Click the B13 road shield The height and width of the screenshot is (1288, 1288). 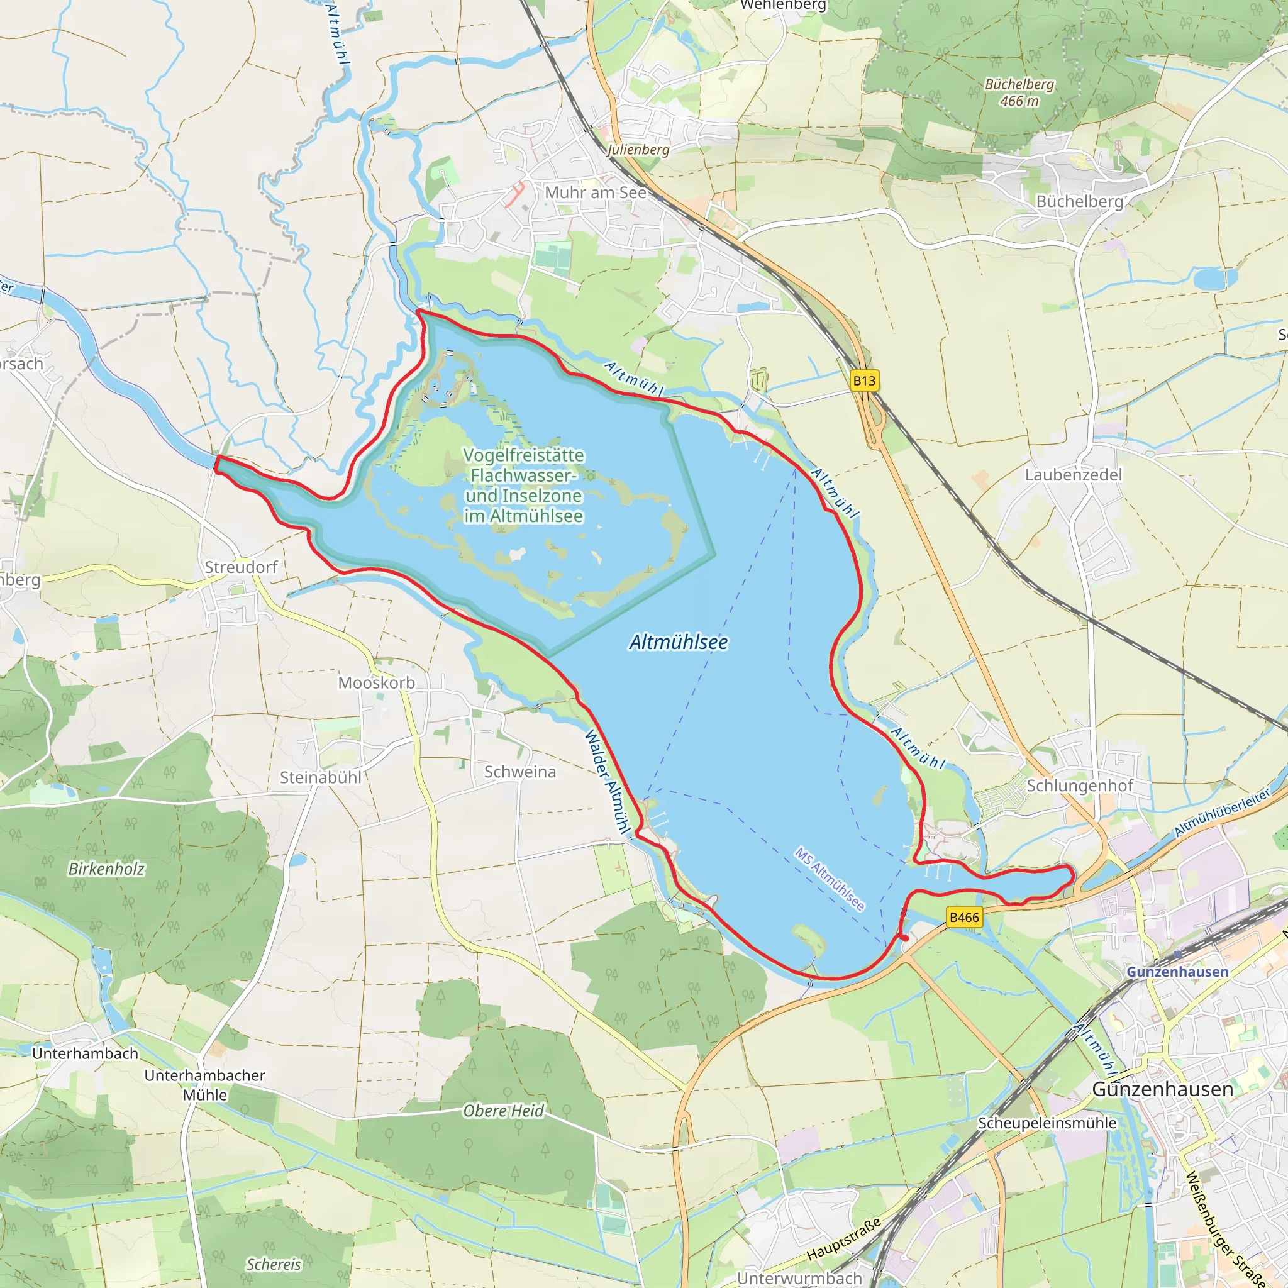tap(864, 380)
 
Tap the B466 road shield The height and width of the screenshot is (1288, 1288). tap(964, 918)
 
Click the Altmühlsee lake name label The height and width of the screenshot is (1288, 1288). tap(678, 642)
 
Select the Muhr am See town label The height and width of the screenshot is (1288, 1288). tap(596, 192)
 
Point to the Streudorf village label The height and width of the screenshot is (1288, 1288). tap(241, 567)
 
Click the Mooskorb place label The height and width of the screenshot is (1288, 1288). tap(376, 682)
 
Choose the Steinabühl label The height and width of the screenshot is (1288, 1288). tap(320, 777)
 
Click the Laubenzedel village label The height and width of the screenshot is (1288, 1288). tap(1074, 475)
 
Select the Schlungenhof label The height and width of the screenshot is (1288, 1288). tap(1079, 786)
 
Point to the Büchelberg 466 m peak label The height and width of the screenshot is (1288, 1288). tap(1019, 92)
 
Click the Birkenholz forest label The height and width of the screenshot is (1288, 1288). tap(106, 869)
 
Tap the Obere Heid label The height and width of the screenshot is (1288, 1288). tap(503, 1111)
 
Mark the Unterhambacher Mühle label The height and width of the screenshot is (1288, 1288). tap(204, 1085)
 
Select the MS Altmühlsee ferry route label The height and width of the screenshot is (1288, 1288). tap(830, 879)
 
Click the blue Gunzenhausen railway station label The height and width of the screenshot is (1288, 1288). tap(1177, 972)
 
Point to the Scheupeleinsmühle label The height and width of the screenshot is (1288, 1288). tap(1046, 1123)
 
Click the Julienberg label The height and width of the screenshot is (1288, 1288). tap(638, 149)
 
